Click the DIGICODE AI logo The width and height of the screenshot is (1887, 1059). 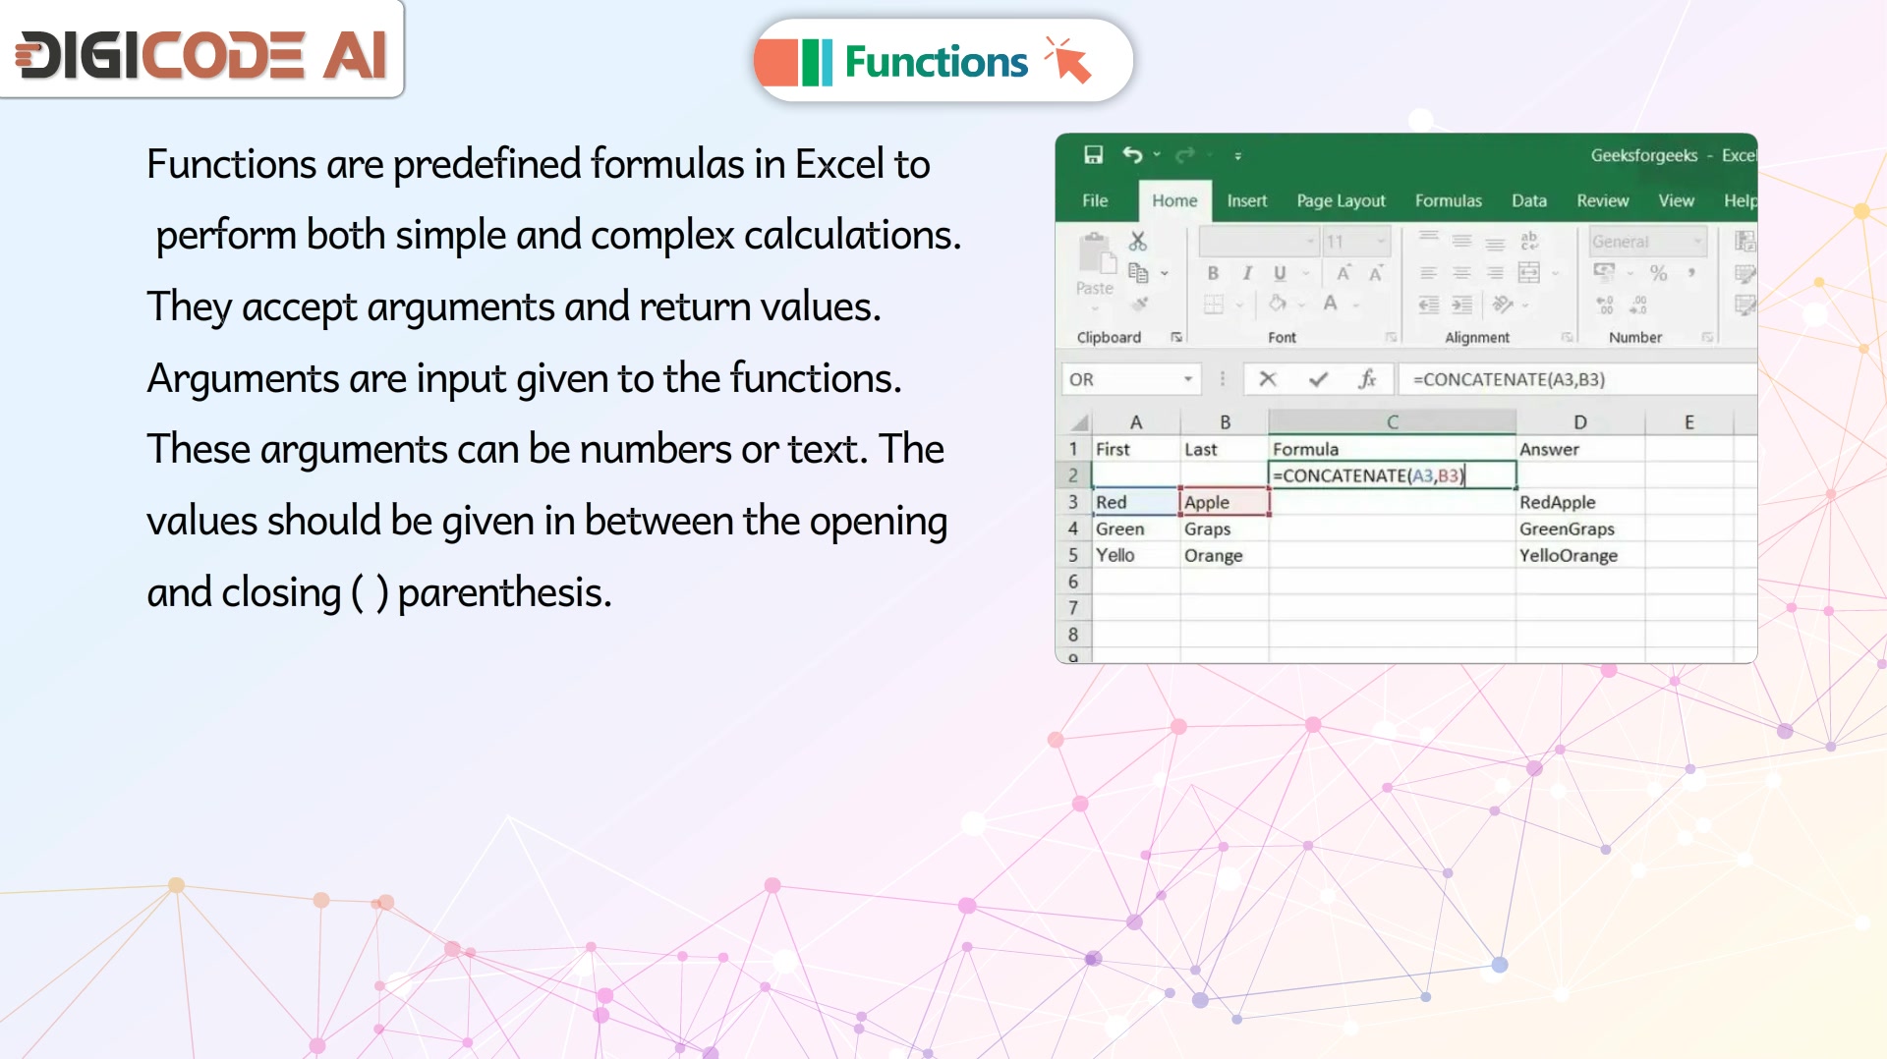click(201, 54)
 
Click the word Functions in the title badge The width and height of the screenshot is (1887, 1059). click(936, 62)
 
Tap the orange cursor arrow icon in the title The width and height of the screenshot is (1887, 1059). click(1068, 60)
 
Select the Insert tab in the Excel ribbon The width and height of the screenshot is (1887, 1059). click(1246, 200)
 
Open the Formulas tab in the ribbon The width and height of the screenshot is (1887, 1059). click(1448, 200)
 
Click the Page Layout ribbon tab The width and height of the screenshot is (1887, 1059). click(1341, 200)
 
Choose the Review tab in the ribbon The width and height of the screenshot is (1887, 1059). click(1602, 200)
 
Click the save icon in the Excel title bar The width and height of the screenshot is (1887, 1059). click(1093, 154)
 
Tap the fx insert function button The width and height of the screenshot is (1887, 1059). click(1366, 379)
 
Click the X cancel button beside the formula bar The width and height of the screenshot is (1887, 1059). click(1268, 379)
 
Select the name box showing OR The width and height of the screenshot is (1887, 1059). click(1130, 379)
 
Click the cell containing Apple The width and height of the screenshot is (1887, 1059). click(1225, 502)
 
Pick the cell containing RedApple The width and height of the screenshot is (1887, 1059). click(1579, 502)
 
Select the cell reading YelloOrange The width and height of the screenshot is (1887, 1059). click(1579, 555)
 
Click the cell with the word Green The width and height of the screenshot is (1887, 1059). click(1135, 529)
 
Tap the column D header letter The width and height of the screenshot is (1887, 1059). click(1579, 422)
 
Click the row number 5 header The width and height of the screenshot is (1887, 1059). click(1073, 555)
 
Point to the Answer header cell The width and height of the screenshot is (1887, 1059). click(1579, 449)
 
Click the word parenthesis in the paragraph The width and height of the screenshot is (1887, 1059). click(504, 593)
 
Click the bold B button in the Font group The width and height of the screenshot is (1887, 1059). click(1213, 273)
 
